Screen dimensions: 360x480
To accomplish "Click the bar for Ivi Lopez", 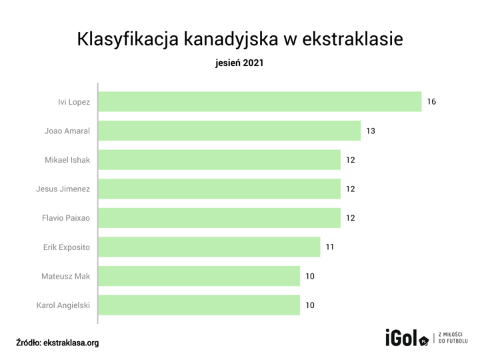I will click(260, 102).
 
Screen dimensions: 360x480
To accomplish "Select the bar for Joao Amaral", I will click(229, 131).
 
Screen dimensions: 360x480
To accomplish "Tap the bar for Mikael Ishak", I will click(219, 160).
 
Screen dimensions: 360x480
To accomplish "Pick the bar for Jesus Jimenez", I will click(219, 189).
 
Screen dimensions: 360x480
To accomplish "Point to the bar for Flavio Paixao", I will click(219, 218).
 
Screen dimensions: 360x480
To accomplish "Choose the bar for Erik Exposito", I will click(209, 247).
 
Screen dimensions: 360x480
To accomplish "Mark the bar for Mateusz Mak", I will click(199, 276).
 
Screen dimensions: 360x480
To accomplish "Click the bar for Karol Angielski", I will click(199, 305).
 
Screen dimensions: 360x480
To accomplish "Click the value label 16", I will click(431, 102).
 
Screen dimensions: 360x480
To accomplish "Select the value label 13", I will click(371, 131).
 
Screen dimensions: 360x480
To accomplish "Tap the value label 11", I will click(330, 247).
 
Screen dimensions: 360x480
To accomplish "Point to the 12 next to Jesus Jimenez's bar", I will click(351, 189).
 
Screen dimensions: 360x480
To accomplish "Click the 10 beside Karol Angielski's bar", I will click(310, 305).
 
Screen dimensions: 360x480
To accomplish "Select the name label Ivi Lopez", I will click(74, 102).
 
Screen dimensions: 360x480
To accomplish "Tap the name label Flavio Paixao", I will click(66, 218).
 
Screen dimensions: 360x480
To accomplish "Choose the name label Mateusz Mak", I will click(66, 276).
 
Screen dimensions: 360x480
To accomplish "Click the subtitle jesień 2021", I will click(240, 64).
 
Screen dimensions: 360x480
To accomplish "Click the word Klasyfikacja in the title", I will click(118, 39).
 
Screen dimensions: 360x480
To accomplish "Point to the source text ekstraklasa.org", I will click(71, 343).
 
